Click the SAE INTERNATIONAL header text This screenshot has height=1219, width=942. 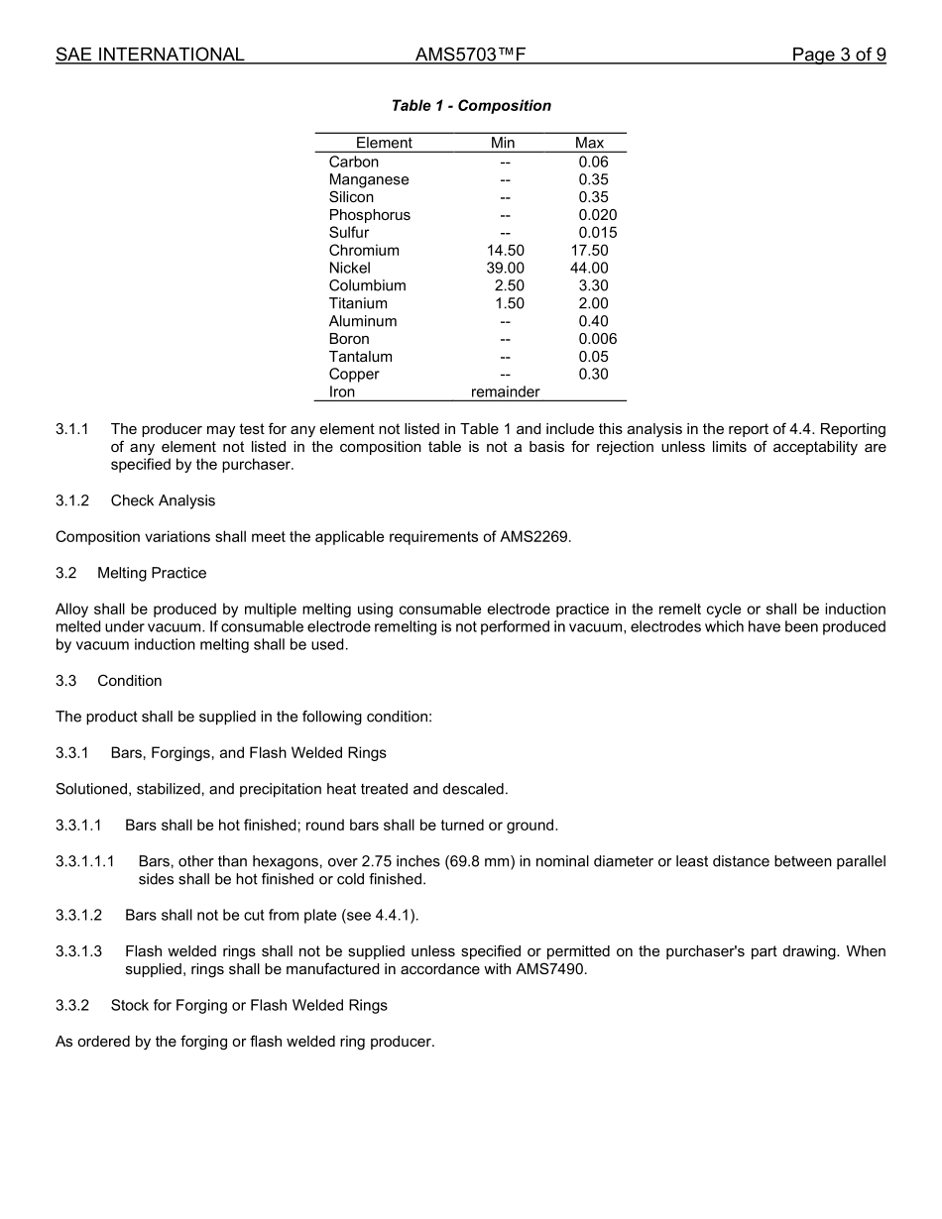150,55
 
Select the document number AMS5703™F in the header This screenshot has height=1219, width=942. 470,55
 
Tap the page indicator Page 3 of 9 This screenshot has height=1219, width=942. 838,55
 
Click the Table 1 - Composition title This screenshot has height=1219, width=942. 471,106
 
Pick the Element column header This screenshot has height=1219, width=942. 384,143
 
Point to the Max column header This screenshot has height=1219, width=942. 589,143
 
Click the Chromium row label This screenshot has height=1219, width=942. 364,251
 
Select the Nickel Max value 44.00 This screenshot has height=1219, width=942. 589,269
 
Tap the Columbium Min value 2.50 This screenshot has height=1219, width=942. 509,286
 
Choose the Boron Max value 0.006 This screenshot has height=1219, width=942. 597,339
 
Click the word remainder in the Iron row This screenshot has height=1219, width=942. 505,392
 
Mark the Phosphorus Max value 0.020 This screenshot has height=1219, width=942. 597,215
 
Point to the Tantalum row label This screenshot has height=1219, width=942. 360,357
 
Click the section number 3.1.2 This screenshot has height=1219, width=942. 72,500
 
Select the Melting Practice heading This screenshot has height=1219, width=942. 152,573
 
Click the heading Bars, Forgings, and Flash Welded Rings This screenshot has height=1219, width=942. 248,753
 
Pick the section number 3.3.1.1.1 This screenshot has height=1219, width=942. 85,861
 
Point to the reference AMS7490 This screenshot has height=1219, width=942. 550,969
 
